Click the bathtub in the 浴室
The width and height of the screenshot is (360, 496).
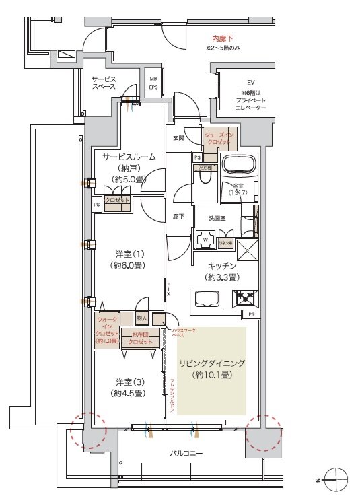coord(236,166)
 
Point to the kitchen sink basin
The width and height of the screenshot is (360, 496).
coord(205,296)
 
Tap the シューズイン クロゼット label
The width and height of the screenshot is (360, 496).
coord(221,137)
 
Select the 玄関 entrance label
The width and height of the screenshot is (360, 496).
coord(178,138)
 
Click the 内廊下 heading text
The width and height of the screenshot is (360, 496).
coord(223,40)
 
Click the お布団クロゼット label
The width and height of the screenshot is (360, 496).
coord(141,338)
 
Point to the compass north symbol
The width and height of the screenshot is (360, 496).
coord(334,479)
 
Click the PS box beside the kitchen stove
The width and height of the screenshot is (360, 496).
coord(250,314)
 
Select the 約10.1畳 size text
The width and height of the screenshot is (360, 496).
coord(212,374)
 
